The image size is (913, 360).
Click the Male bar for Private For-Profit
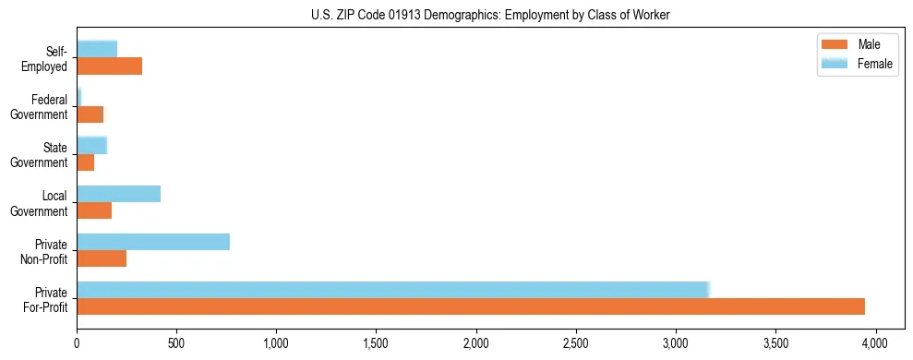471,306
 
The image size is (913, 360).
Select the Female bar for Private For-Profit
392,290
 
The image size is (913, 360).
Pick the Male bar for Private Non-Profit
102,258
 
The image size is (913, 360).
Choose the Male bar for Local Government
94,210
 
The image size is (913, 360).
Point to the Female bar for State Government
92,145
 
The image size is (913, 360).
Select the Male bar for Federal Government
90,114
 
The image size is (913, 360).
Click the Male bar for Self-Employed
110,66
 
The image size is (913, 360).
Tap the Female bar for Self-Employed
97,49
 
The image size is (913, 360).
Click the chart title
490,15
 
